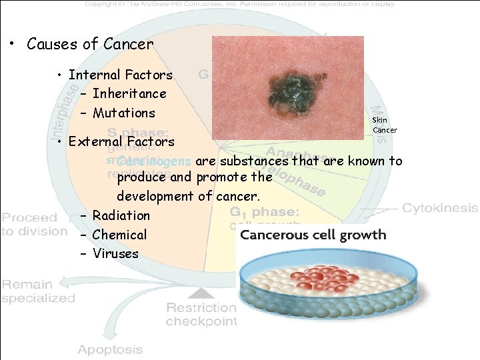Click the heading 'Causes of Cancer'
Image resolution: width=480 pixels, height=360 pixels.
pos(90,45)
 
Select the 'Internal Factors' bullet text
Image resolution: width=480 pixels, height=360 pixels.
pos(120,75)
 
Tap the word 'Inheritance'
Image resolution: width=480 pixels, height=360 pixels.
pos(129,94)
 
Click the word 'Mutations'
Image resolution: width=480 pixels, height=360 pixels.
pos(124,113)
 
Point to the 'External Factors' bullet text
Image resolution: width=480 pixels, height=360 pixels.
pos(121,141)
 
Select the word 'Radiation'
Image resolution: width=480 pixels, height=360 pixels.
pos(121,215)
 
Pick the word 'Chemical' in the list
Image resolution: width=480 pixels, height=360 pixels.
pos(119,235)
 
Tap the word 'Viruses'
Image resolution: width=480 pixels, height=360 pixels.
pos(115,253)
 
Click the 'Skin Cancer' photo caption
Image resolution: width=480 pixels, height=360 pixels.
pos(384,125)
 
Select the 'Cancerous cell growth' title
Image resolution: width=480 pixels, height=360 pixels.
pos(313,235)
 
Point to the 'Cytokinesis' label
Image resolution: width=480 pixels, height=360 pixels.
pos(440,208)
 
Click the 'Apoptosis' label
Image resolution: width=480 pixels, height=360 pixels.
pos(111,349)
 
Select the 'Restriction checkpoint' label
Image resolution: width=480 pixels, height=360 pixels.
pos(201,314)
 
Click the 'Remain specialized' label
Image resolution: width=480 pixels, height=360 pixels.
pos(37,291)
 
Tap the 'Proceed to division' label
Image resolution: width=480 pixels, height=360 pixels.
pos(33,225)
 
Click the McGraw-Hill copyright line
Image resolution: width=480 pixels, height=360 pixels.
pos(240,4)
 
